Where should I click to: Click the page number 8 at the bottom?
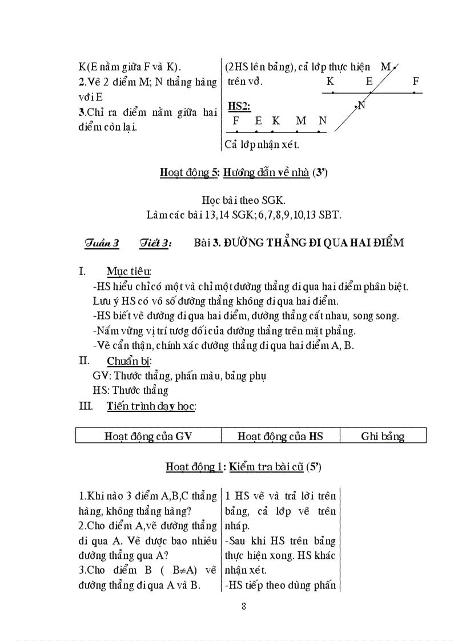click(x=244, y=606)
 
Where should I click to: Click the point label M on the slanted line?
click(x=385, y=67)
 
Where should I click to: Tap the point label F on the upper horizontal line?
click(x=416, y=82)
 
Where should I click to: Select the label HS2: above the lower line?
click(x=239, y=106)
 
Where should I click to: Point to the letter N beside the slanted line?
click(x=361, y=105)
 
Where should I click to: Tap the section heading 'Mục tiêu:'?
click(x=129, y=271)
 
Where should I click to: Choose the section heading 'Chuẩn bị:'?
click(x=129, y=361)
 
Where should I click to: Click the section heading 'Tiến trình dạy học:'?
click(x=151, y=406)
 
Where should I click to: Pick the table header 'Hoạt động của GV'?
click(x=148, y=436)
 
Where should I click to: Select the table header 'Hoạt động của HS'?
click(x=280, y=436)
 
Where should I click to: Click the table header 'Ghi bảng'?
click(x=383, y=437)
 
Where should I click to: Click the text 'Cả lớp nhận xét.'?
click(x=262, y=144)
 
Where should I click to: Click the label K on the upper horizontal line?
click(x=330, y=82)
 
